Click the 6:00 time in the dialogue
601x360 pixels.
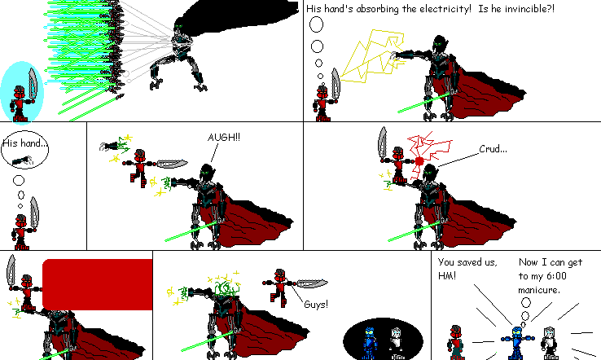click(x=569, y=276)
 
